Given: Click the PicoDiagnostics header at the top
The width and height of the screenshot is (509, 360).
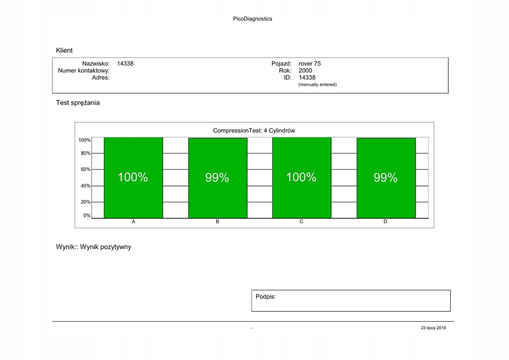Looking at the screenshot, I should pos(253,19).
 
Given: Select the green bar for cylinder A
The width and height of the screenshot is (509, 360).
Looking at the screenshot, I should pos(133,178).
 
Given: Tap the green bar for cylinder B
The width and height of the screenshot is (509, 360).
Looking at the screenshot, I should pos(217,178).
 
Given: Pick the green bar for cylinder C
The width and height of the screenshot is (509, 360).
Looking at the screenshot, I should pos(302,178).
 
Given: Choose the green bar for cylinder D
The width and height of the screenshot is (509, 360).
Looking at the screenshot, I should pos(386,178).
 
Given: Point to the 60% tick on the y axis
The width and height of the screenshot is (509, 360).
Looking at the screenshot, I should pos(85,170).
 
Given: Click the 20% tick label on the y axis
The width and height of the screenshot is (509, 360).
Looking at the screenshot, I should pos(85,202).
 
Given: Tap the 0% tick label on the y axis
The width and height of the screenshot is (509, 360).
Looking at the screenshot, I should pos(86,216).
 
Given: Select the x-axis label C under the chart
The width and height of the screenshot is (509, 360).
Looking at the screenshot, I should pos(301,222).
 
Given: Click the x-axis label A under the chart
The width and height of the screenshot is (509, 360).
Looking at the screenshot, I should pos(133,222).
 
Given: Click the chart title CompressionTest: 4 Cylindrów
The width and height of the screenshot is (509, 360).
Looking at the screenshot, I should pos(254,131).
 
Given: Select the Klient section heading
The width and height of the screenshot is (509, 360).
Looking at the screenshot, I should pos(64,50).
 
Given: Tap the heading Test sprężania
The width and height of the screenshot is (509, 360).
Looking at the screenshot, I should pos(78,103).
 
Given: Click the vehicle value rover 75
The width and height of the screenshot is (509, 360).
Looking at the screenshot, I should pos(310,64).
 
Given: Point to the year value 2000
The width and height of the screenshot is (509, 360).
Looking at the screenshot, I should pos(305,71).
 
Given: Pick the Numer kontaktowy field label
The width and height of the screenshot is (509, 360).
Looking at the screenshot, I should pos(84,71).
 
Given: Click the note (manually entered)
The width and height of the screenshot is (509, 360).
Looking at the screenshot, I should pos(317,85).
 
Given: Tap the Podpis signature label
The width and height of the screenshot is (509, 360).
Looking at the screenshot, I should pos(265,297).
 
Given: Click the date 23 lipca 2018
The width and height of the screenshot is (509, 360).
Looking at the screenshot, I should pos(433,328).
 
